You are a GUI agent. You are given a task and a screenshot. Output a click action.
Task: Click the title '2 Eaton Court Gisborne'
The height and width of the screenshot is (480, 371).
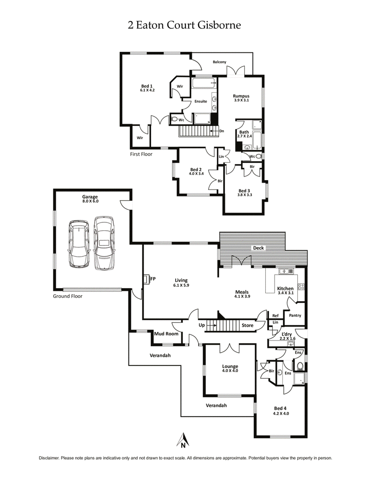point(185,25)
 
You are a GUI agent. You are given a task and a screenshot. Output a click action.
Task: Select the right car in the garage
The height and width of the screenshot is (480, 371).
point(104,243)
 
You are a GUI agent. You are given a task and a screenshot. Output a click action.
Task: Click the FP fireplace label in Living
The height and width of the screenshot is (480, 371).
point(153,279)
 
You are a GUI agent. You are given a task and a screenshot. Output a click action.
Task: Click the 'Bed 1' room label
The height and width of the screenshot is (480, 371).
point(147,86)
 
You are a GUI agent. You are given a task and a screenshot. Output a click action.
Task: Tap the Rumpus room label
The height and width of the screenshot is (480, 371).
point(241,96)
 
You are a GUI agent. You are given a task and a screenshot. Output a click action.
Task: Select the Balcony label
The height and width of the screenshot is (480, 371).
point(220,62)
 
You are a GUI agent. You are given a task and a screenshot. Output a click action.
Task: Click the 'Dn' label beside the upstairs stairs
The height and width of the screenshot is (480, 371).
point(222,131)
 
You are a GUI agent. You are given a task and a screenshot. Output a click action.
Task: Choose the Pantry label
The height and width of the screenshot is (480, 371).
point(295,316)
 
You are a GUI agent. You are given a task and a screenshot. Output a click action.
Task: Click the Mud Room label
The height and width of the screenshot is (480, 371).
point(166,334)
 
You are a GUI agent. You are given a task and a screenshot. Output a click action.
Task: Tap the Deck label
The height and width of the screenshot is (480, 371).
point(258,248)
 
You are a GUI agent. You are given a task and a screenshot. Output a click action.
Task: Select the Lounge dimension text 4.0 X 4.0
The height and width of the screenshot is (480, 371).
point(230,371)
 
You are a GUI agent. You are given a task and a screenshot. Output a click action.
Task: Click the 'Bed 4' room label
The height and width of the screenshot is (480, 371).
point(281,408)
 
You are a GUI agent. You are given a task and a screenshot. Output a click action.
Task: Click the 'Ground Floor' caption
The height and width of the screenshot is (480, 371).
point(67,296)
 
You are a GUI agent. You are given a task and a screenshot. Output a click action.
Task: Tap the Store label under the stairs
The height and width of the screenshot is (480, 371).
point(248,325)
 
